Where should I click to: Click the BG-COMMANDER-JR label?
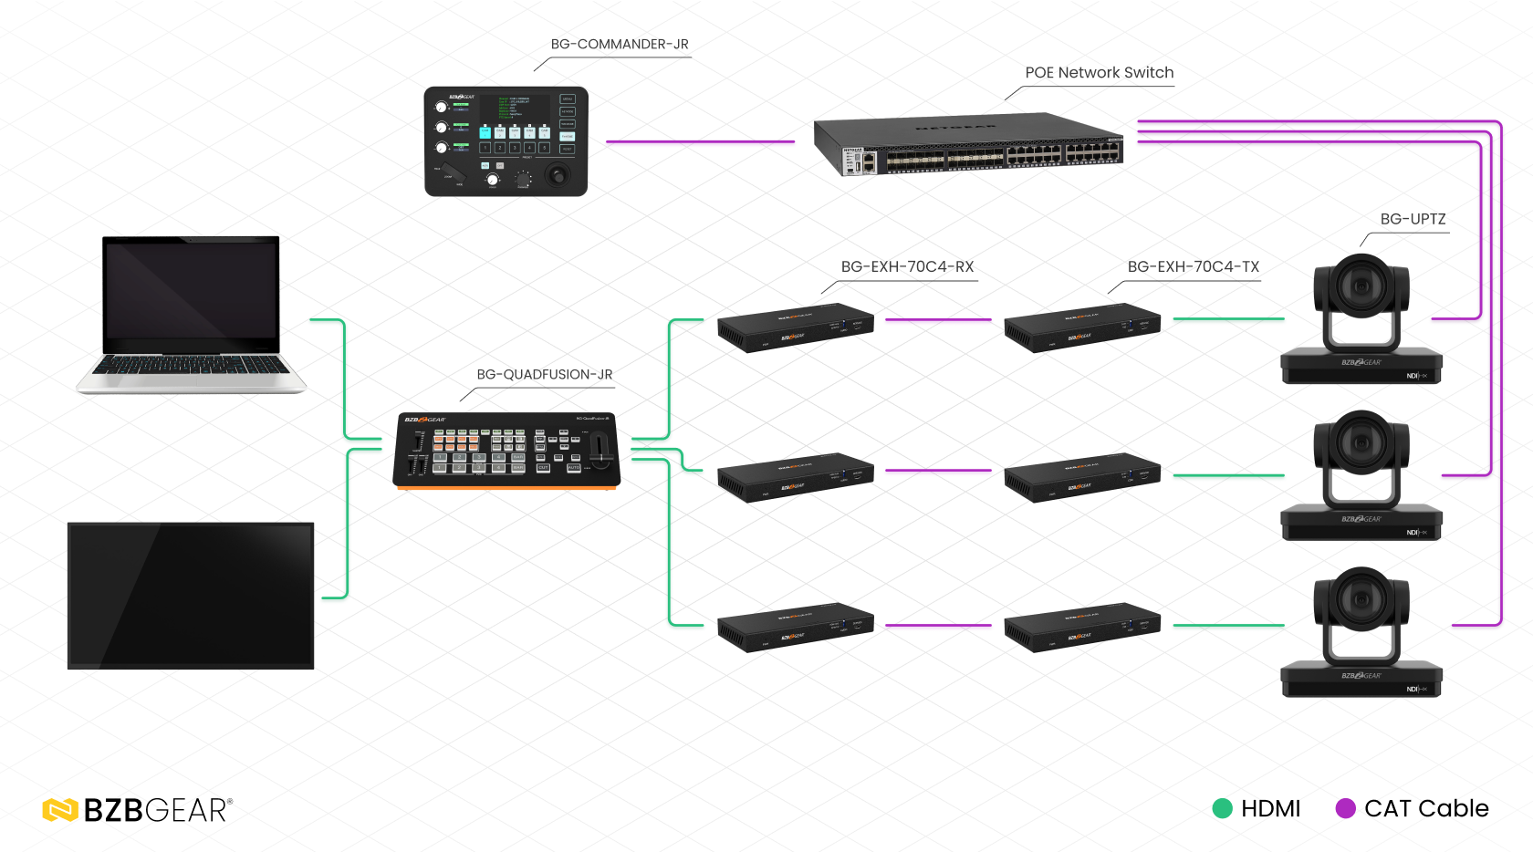(x=620, y=44)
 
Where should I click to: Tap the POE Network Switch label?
(x=1099, y=73)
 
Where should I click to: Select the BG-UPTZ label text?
(x=1413, y=219)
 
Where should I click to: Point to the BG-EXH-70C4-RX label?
(x=907, y=266)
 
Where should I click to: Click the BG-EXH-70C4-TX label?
(x=1193, y=266)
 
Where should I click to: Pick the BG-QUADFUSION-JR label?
(x=544, y=374)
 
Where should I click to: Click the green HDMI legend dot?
(x=1222, y=808)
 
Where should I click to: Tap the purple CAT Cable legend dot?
(x=1345, y=808)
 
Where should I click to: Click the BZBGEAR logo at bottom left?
(x=137, y=810)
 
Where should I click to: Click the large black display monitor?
(x=191, y=596)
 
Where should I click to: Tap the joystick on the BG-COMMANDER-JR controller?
(x=556, y=173)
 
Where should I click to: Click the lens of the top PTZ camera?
(x=1361, y=286)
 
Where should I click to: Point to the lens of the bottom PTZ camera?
(x=1361, y=600)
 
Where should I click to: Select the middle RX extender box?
(x=795, y=476)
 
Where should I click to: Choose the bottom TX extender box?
(x=1081, y=629)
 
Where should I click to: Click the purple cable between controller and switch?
(x=700, y=141)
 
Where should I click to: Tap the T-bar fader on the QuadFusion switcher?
(x=600, y=451)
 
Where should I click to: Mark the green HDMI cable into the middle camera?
(x=1228, y=475)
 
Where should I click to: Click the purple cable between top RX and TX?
(x=938, y=319)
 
